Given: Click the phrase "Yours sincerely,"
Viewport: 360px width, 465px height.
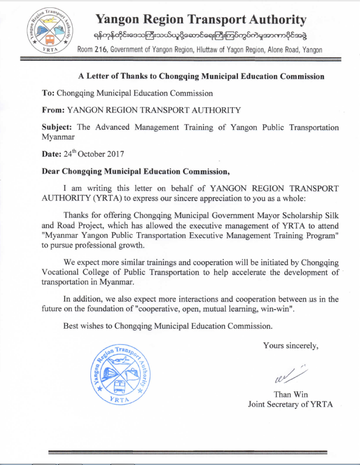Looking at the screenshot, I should click(x=291, y=345).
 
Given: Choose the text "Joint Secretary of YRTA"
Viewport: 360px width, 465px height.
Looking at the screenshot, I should click(x=290, y=405).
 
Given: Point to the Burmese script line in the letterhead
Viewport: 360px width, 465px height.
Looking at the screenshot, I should click(x=200, y=36).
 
